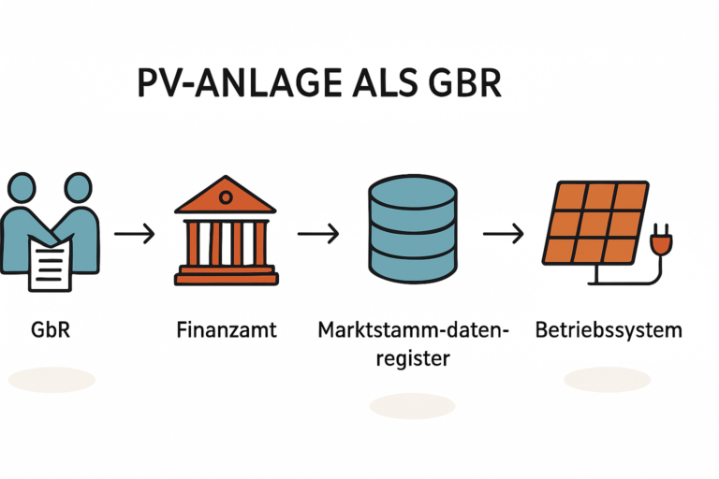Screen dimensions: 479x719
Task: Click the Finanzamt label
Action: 226,330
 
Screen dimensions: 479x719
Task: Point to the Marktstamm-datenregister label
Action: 412,342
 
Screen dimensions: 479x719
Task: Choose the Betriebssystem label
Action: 609,330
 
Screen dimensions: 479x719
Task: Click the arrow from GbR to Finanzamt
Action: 135,233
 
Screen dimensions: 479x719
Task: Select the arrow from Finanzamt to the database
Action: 318,233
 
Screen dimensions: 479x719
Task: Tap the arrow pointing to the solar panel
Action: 503,233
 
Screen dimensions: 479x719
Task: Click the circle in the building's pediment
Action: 226,198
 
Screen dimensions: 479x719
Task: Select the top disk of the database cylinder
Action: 412,192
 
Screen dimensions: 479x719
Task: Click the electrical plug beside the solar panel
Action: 662,245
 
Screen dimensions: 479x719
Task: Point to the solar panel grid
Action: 595,222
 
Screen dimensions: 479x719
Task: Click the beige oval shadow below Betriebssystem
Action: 607,379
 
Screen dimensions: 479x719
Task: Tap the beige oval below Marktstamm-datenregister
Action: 412,405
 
